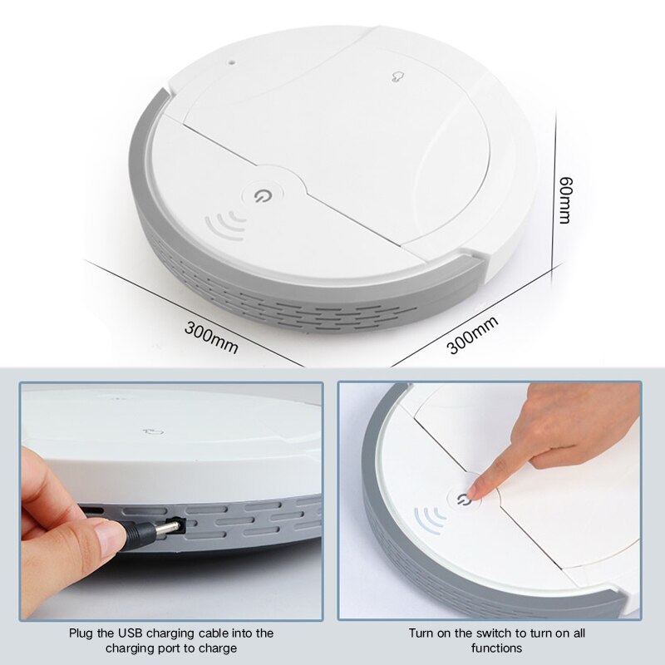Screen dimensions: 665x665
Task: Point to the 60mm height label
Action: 564,199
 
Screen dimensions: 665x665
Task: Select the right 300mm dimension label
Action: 472,335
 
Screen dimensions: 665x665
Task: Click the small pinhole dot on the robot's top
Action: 233,61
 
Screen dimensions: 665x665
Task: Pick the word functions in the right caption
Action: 497,648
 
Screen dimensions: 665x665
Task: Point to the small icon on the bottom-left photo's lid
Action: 151,432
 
